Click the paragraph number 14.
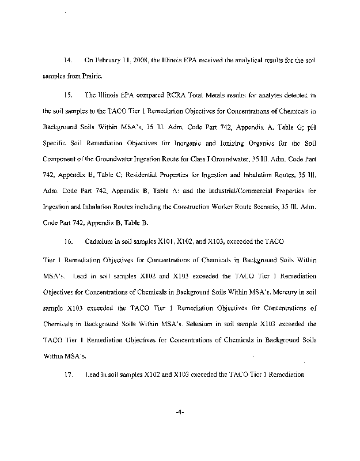pos(67,60)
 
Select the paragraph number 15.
pos(67,93)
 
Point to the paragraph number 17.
pos(67,375)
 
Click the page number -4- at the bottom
pos(178,413)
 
